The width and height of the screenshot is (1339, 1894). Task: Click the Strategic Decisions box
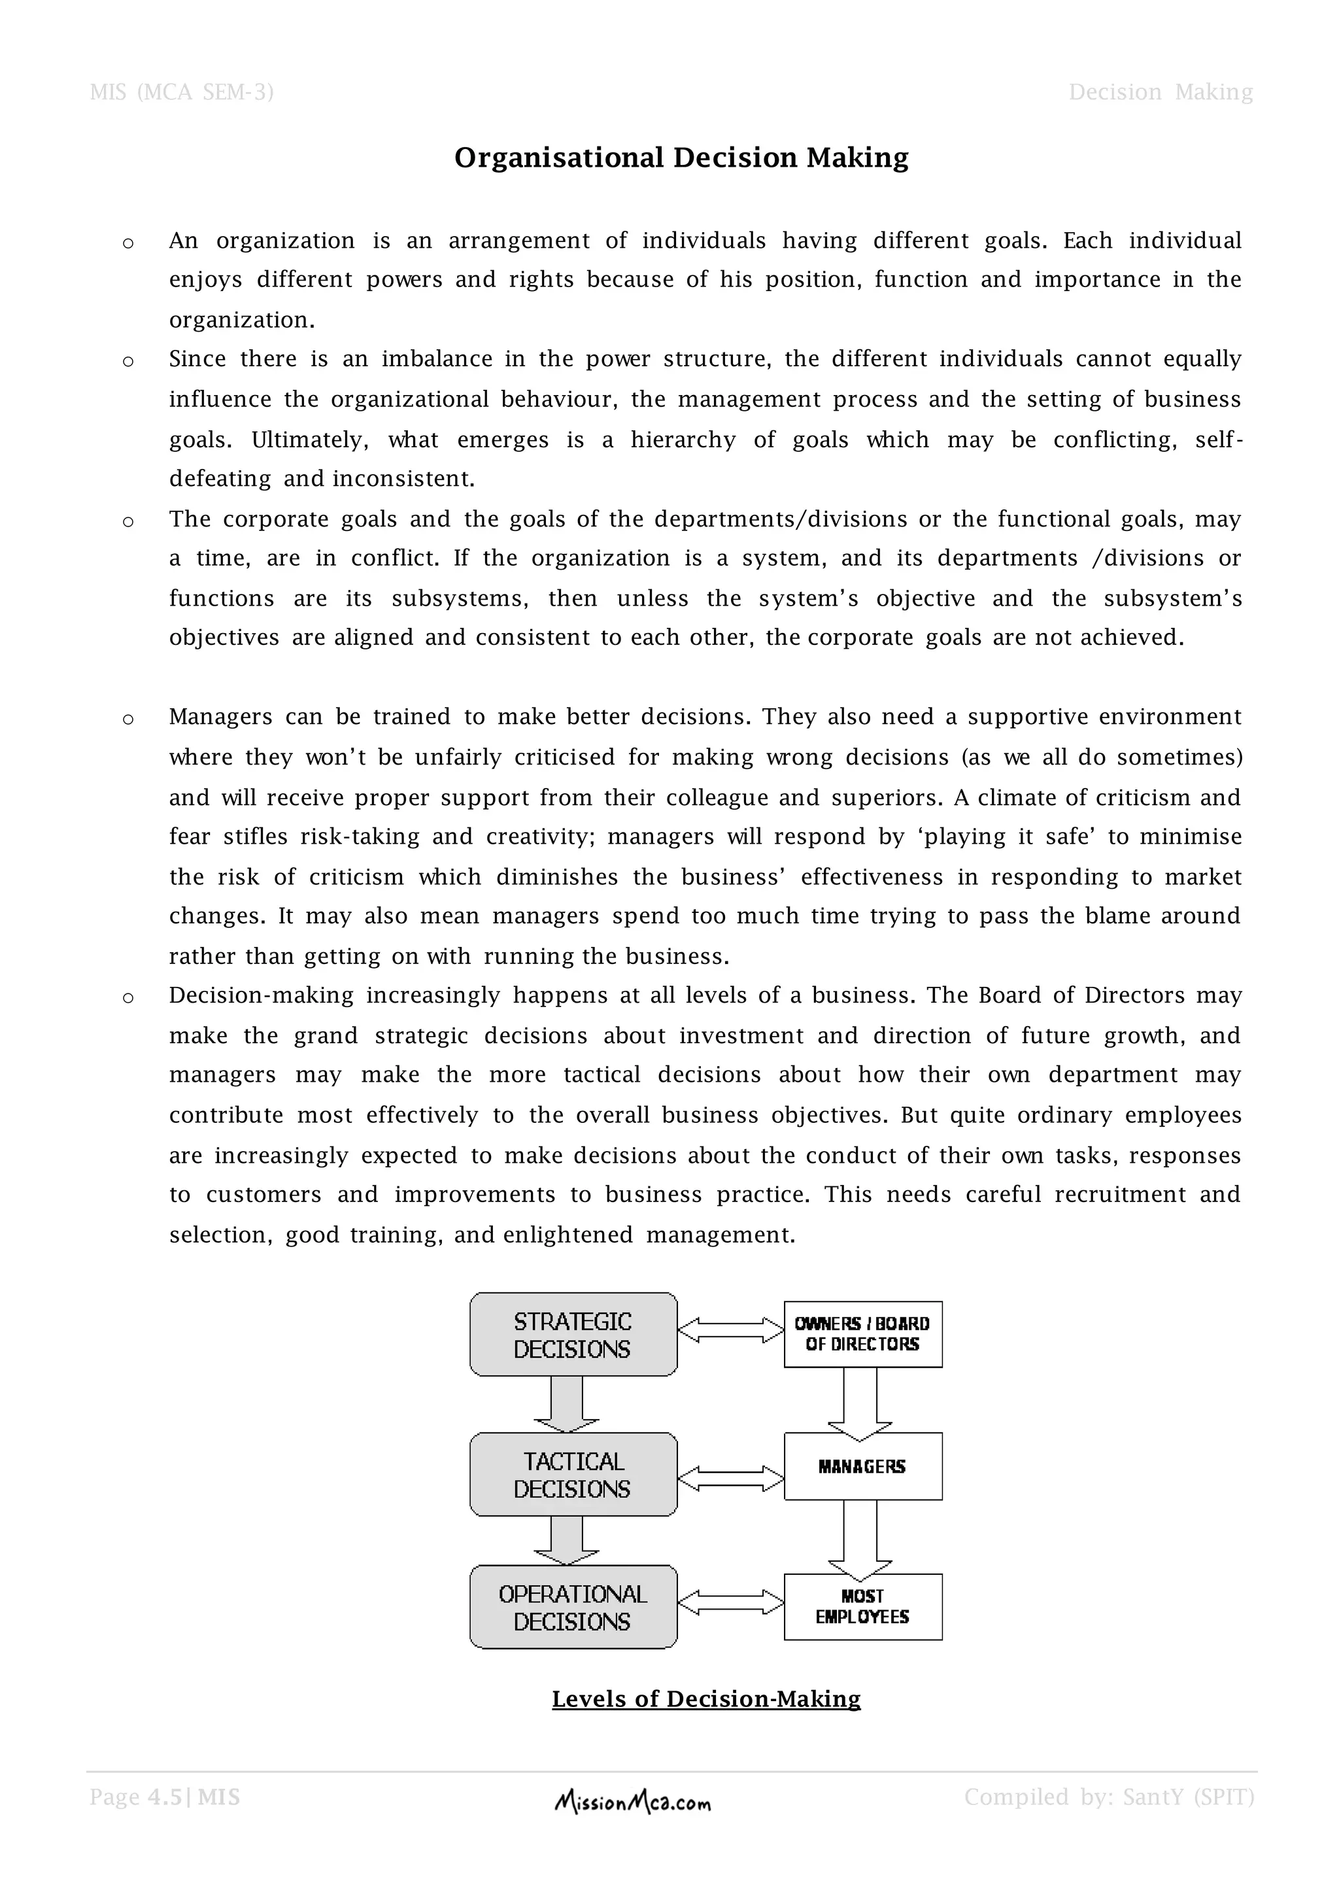(x=573, y=1335)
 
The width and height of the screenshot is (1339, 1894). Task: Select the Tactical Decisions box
(x=573, y=1474)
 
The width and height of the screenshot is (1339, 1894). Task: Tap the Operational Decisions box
(x=573, y=1607)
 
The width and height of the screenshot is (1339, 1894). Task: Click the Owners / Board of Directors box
(x=862, y=1334)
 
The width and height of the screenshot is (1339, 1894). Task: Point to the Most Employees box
(x=862, y=1606)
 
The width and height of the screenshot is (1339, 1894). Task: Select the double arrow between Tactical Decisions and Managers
(x=730, y=1478)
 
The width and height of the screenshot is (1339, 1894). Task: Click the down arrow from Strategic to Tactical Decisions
(x=566, y=1403)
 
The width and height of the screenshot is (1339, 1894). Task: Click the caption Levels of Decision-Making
(x=705, y=1698)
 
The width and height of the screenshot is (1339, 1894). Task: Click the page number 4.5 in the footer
(x=165, y=1797)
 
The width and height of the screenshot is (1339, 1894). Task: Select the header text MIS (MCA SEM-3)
(x=181, y=92)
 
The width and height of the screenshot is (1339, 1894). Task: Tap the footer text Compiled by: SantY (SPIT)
(x=1109, y=1797)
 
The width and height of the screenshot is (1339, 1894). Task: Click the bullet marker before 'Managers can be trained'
(x=127, y=719)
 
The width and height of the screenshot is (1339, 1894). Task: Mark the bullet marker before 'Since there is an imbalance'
(x=127, y=361)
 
